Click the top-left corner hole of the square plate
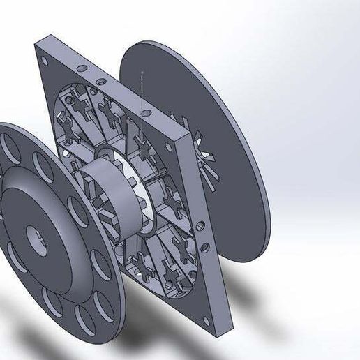click(x=47, y=61)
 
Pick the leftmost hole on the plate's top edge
click(x=83, y=68)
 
